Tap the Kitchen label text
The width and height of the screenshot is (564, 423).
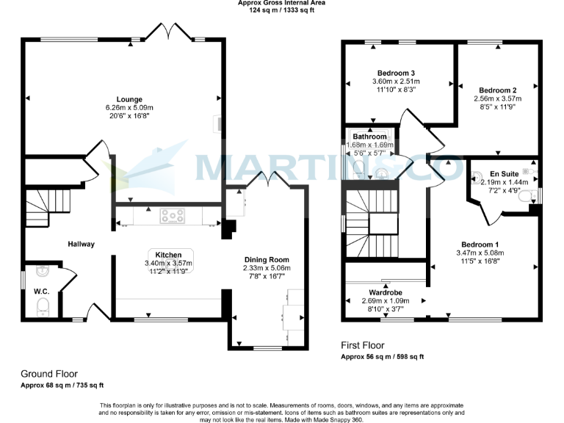pos(169,254)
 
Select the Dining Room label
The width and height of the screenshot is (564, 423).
pos(267,259)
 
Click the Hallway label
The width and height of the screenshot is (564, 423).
pos(81,244)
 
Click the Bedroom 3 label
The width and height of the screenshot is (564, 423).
pos(397,73)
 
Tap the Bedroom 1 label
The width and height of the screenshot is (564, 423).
pos(480,245)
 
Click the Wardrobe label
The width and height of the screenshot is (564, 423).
pos(383,292)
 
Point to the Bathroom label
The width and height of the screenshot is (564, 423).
pos(369,137)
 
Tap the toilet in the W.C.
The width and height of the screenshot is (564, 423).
pos(41,308)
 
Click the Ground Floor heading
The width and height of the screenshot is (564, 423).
pos(48,374)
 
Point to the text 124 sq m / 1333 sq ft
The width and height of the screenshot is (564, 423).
pos(282,10)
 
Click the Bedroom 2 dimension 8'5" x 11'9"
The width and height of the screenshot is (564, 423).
pos(498,106)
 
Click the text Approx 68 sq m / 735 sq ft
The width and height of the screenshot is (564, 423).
pos(62,386)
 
